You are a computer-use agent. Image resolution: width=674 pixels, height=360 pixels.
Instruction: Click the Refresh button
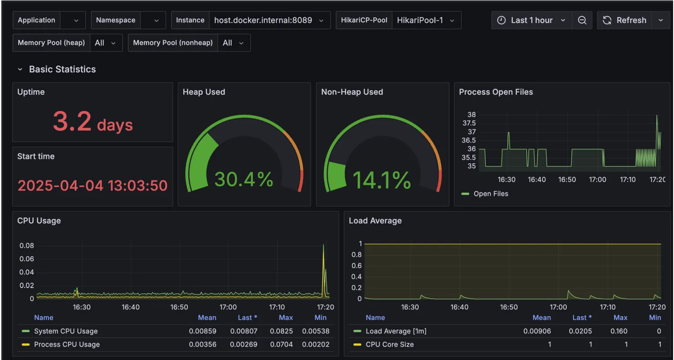tap(625, 21)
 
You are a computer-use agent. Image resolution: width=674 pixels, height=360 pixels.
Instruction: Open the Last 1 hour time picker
tap(531, 21)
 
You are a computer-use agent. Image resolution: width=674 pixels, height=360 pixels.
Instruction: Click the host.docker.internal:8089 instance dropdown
tap(269, 21)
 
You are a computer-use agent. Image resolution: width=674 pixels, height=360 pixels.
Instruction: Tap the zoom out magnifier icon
tap(582, 21)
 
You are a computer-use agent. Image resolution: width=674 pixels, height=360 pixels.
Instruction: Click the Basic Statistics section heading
tap(62, 69)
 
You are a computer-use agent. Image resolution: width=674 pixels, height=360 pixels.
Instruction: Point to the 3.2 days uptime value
tap(93, 122)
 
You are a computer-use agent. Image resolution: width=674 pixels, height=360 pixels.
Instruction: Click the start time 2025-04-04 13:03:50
tap(93, 185)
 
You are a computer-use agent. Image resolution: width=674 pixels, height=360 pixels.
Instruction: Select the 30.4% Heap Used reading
tap(244, 179)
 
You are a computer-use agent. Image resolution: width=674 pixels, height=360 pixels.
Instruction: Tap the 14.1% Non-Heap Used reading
tap(382, 180)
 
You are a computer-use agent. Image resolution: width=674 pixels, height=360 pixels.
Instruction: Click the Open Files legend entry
tap(490, 194)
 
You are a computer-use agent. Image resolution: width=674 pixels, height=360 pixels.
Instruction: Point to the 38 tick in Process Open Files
tap(472, 114)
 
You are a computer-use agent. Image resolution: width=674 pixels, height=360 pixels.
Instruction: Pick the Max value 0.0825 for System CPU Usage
tap(285, 331)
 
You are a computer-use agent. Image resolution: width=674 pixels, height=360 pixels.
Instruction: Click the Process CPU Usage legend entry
tap(67, 345)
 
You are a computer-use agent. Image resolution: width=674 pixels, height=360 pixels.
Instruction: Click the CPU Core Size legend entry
tap(389, 345)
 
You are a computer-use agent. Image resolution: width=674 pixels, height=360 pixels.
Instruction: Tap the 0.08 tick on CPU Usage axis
tap(26, 246)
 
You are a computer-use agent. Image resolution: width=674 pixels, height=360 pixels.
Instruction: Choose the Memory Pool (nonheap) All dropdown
tap(233, 43)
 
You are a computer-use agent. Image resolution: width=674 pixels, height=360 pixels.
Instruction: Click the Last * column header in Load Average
tap(582, 318)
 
